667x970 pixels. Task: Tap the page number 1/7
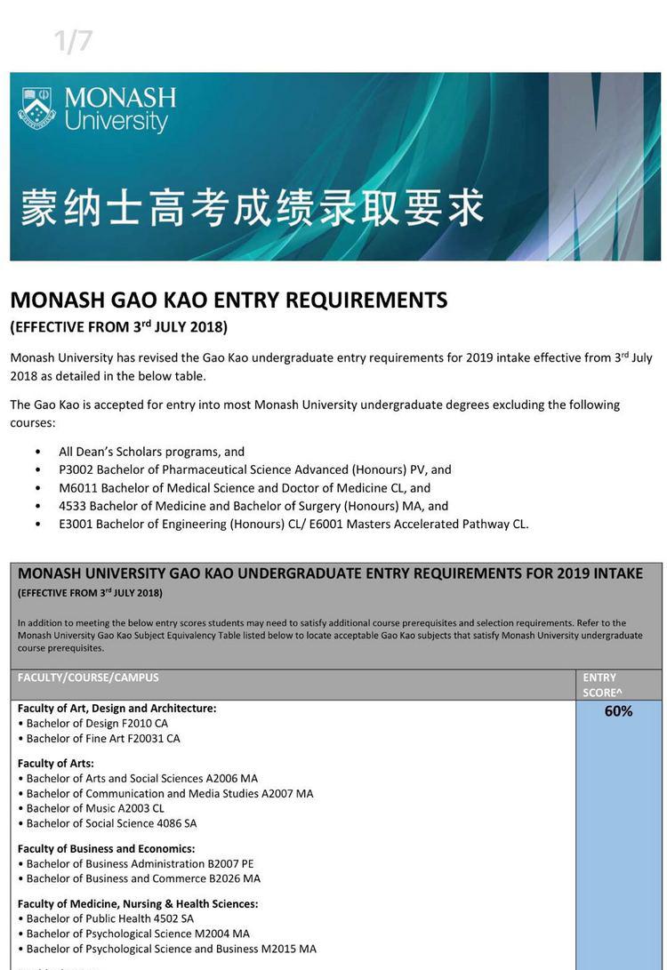pyautogui.click(x=73, y=41)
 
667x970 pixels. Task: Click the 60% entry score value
pyautogui.click(x=618, y=711)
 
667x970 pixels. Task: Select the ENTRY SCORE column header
pyautogui.click(x=602, y=685)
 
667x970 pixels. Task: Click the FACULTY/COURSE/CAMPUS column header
pyautogui.click(x=88, y=677)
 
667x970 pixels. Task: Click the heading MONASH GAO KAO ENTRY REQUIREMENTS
pyautogui.click(x=229, y=301)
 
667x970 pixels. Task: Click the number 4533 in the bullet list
pyautogui.click(x=73, y=506)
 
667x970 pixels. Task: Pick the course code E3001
pyautogui.click(x=76, y=524)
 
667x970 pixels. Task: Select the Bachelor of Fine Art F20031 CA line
pyautogui.click(x=103, y=739)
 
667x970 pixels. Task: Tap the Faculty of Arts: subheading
pyautogui.click(x=56, y=764)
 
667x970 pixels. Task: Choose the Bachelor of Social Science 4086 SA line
pyautogui.click(x=111, y=823)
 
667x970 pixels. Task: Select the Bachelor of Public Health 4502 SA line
pyautogui.click(x=110, y=918)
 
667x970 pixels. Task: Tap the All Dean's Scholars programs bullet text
pyautogui.click(x=151, y=452)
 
